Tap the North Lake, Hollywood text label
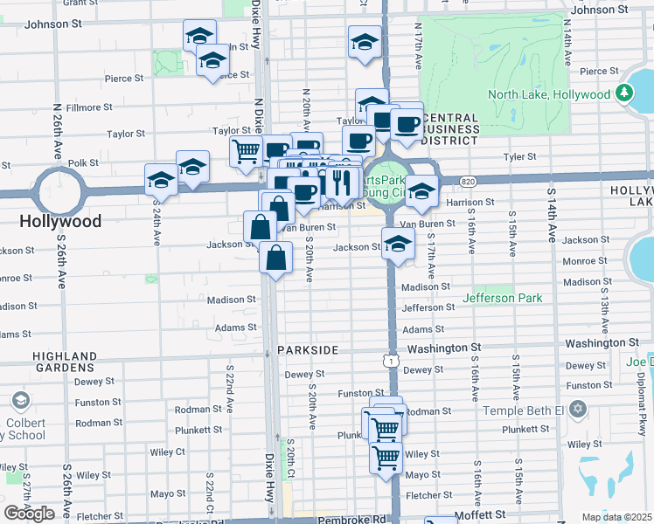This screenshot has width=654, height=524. tap(548, 94)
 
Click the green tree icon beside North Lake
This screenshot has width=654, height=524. tap(624, 93)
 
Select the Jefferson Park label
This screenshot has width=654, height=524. tap(503, 299)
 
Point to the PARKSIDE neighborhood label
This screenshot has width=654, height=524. tap(308, 349)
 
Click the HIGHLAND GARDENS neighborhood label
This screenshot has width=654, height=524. tap(65, 362)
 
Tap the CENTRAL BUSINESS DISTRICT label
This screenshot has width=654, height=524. tap(449, 128)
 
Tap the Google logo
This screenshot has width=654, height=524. tap(29, 514)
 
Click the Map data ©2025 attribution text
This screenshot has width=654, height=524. tap(616, 517)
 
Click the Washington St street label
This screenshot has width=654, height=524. tap(444, 348)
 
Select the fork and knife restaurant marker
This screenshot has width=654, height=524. tap(342, 183)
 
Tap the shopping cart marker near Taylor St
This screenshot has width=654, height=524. tap(247, 151)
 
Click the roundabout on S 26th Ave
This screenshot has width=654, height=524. tap(59, 186)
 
